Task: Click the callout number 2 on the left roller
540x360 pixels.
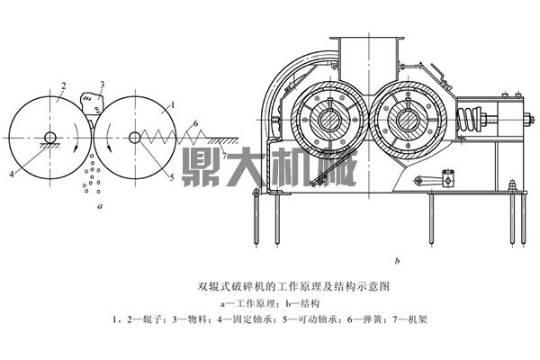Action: pos(64,86)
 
